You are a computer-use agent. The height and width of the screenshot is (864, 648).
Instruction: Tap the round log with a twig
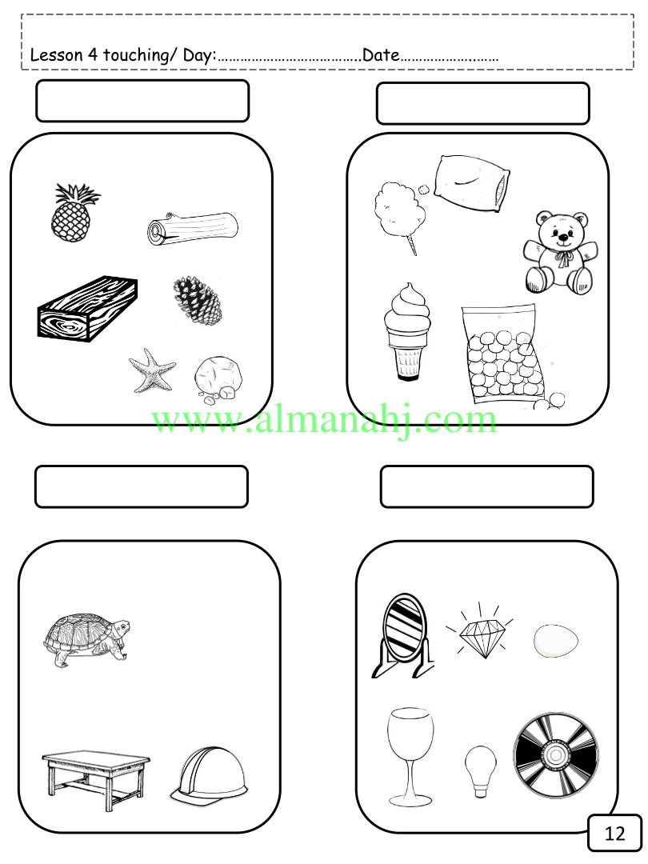[x=194, y=228]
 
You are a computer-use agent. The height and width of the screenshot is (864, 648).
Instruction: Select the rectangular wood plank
[x=87, y=309]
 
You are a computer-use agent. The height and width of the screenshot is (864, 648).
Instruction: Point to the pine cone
[x=198, y=299]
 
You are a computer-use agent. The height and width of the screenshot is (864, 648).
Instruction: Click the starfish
[x=151, y=370]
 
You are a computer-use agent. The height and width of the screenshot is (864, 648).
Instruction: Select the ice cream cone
[x=406, y=331]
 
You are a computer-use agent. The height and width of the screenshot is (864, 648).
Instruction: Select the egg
[x=556, y=641]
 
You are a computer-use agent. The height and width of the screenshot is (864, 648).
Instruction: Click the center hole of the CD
[x=555, y=755]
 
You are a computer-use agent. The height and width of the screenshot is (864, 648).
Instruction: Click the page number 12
[x=615, y=833]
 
